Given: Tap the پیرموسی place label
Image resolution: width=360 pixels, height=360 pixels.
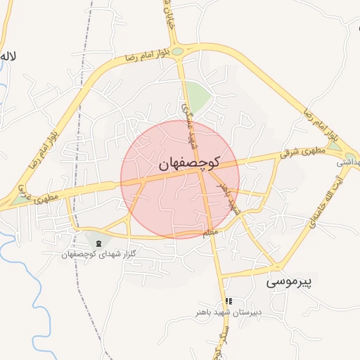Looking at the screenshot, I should pos(288,283).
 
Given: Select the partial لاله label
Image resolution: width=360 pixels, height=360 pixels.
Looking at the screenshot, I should pos(8,56).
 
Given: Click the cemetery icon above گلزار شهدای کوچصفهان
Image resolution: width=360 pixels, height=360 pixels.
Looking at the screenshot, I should pos(98,243).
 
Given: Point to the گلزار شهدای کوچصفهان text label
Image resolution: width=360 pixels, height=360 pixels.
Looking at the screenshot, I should pos(98,253).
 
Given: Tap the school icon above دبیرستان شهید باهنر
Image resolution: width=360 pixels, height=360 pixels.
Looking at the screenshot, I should pos(228,301).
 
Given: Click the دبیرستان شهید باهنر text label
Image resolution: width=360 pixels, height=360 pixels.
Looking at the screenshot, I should pos(228,311).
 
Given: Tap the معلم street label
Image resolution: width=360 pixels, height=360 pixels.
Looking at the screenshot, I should pos(210,232).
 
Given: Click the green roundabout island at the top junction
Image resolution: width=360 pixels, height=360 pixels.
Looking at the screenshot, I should pos(178,51).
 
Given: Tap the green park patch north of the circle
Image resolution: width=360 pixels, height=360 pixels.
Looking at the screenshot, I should pos(198,96).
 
